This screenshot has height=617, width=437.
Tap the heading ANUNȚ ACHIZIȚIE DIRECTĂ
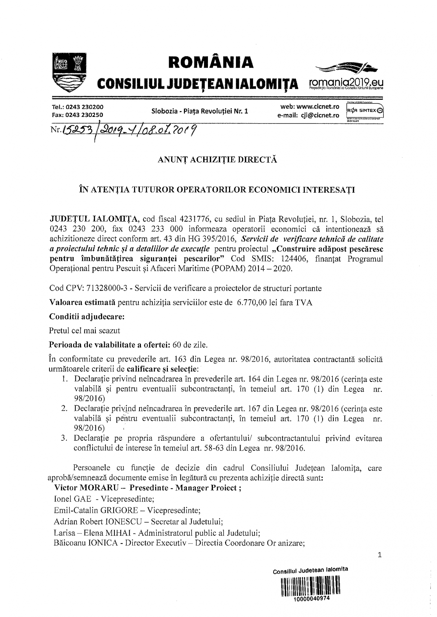[217, 160]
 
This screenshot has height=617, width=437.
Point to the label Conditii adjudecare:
[87, 317]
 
